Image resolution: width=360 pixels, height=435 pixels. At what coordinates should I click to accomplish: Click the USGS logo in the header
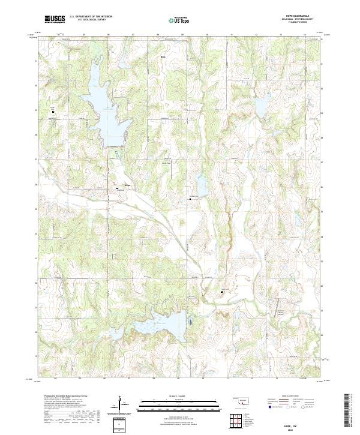coord(55,19)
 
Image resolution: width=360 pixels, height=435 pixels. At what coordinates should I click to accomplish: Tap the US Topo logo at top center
coord(178,19)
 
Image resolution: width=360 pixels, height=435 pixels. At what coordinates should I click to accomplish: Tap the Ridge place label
coord(127,185)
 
